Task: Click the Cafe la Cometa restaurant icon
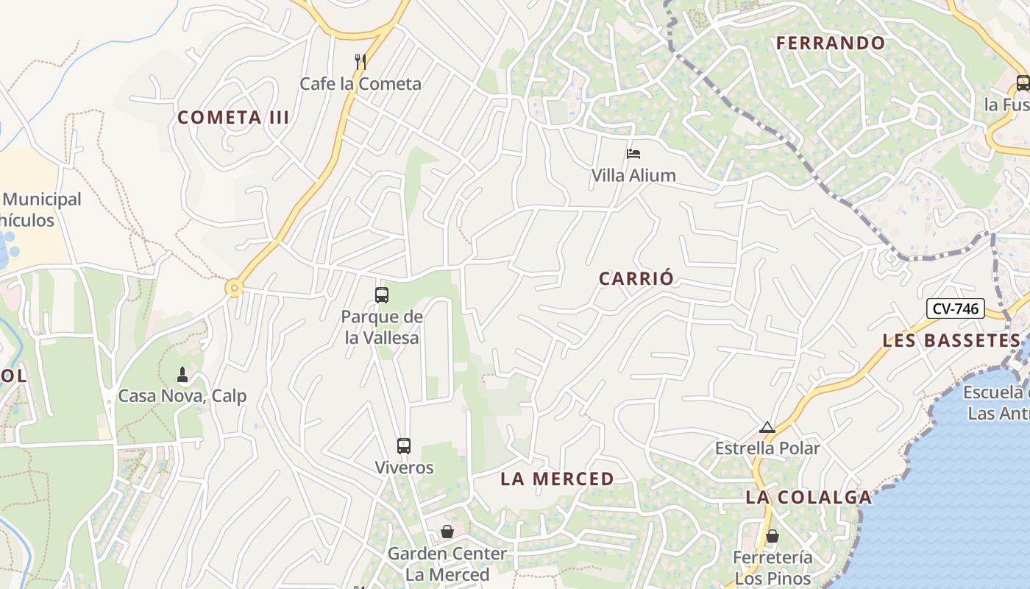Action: tap(360, 62)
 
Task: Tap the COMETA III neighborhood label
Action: tap(233, 118)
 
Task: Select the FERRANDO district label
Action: tap(831, 43)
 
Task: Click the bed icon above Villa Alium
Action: tap(633, 154)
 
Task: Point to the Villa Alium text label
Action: tap(633, 175)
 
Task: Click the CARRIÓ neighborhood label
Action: tap(636, 279)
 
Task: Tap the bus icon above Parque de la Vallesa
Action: tap(381, 295)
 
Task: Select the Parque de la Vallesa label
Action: tap(382, 328)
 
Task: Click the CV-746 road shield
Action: tap(955, 308)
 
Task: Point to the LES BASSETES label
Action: tap(951, 341)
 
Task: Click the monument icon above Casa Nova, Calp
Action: tap(182, 375)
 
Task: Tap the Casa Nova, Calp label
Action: tap(182, 396)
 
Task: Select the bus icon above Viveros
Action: tap(404, 445)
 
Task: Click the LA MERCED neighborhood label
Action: tap(557, 479)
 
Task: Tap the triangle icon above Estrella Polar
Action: tap(767, 427)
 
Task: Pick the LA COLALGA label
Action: tap(809, 497)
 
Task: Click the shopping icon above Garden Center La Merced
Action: tap(447, 532)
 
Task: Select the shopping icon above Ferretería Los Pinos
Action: tap(772, 536)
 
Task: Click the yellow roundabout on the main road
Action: tap(234, 288)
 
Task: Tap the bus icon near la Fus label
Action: tap(1023, 83)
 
